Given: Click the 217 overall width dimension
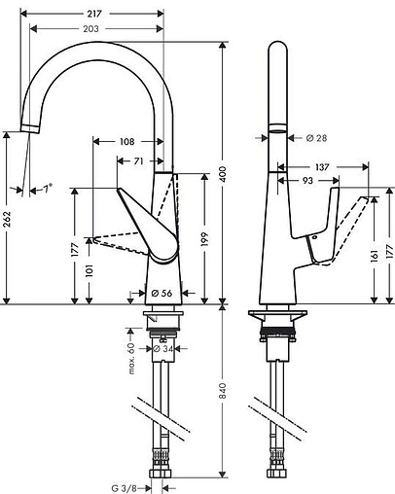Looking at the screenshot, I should click(95, 13).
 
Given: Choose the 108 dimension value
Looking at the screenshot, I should click(126, 141).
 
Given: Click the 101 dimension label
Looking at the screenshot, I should click(90, 268).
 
